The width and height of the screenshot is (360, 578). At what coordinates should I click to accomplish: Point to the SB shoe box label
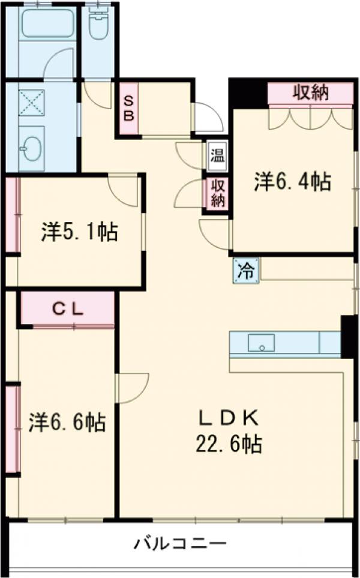coord(128,108)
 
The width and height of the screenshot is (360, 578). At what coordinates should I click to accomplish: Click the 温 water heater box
coord(217,158)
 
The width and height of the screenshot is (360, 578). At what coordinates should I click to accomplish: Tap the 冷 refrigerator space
coord(246,270)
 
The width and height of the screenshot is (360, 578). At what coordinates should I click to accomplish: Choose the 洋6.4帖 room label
coord(292,181)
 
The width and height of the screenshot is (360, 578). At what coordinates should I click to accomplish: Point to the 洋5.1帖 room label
coord(79,232)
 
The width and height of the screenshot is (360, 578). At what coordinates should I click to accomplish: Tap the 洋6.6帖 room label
coord(67,422)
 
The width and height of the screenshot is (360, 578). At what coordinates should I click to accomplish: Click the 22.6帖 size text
coord(227,444)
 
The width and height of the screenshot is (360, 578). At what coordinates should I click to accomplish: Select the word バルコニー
coord(180,544)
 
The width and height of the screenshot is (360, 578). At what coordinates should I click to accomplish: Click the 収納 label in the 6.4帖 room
coord(310,92)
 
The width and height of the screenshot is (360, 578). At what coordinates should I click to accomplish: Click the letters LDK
coord(228,416)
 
